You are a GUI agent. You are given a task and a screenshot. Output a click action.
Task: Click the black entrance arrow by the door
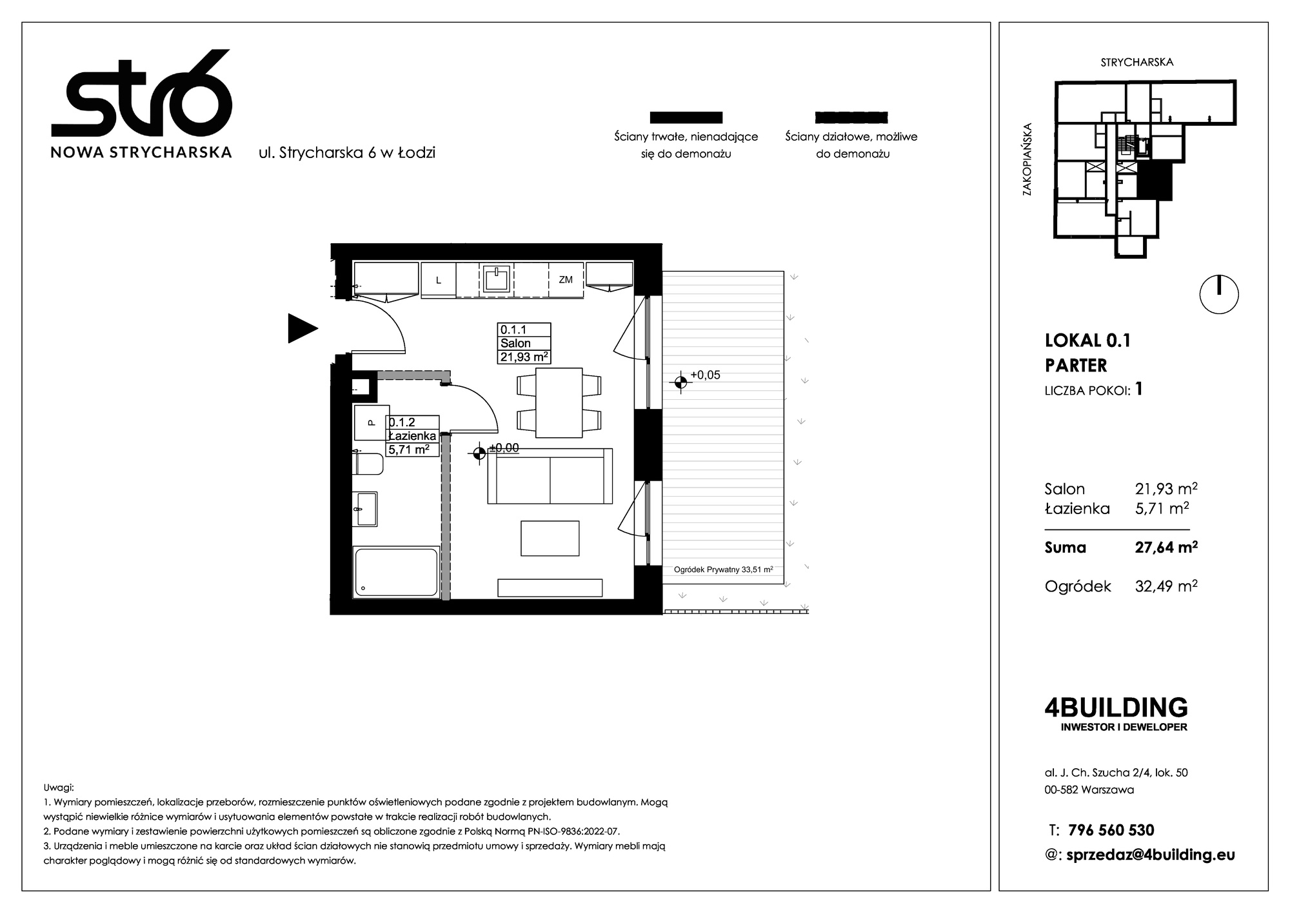pyautogui.click(x=301, y=328)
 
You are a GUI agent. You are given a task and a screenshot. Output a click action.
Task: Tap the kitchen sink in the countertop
pyautogui.click(x=497, y=279)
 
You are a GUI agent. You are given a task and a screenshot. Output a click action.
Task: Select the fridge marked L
pyautogui.click(x=439, y=280)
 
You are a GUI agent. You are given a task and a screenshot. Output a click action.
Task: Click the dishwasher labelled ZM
pyautogui.click(x=566, y=280)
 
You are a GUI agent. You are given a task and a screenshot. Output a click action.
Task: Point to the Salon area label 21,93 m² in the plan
pyautogui.click(x=524, y=357)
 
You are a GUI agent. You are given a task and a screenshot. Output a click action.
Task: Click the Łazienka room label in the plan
pyautogui.click(x=413, y=436)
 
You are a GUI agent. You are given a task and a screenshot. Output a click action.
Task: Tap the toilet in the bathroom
pyautogui.click(x=368, y=464)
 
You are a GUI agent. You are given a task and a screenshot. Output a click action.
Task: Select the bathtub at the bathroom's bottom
pyautogui.click(x=397, y=572)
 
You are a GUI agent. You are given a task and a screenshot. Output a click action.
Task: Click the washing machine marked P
pyautogui.click(x=372, y=422)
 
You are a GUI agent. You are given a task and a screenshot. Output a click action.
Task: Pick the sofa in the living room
pyautogui.click(x=550, y=476)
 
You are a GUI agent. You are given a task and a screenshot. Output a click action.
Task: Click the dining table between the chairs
pyautogui.click(x=559, y=402)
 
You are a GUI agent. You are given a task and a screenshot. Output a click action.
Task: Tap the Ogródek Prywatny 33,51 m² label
pyautogui.click(x=723, y=570)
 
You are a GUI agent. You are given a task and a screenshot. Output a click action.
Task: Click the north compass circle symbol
pyautogui.click(x=1219, y=295)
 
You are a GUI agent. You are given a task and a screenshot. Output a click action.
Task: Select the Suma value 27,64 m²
pyautogui.click(x=1166, y=548)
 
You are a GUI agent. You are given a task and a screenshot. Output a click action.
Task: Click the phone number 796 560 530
pyautogui.click(x=1111, y=830)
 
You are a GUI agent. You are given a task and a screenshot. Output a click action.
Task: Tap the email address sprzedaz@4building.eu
pyautogui.click(x=1151, y=855)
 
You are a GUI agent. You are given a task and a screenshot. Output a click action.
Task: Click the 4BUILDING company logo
pyautogui.click(x=1116, y=713)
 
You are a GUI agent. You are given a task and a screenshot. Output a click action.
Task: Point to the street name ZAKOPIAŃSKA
pyautogui.click(x=1027, y=159)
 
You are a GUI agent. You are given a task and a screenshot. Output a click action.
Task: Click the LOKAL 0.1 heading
pyautogui.click(x=1087, y=341)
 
